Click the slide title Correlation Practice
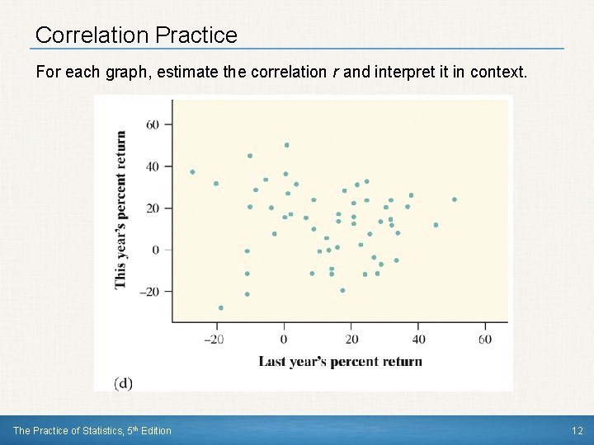pyautogui.click(x=136, y=35)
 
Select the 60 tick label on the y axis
pyautogui.click(x=153, y=124)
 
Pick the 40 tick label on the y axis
pyautogui.click(x=153, y=166)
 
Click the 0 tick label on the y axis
pyautogui.click(x=157, y=250)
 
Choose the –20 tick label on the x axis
pyautogui.click(x=214, y=340)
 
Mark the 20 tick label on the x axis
pyautogui.click(x=351, y=340)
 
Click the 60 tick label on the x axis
pyautogui.click(x=485, y=340)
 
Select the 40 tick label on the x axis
pyautogui.click(x=418, y=340)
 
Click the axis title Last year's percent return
pyautogui.click(x=340, y=361)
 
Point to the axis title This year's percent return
pyautogui.click(x=121, y=209)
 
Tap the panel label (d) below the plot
pyautogui.click(x=124, y=382)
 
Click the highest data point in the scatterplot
pyautogui.click(x=287, y=145)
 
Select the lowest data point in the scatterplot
pyautogui.click(x=220, y=307)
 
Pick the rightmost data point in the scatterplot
pyautogui.click(x=454, y=199)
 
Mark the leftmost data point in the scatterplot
pyautogui.click(x=192, y=172)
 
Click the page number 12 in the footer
pyautogui.click(x=577, y=430)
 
